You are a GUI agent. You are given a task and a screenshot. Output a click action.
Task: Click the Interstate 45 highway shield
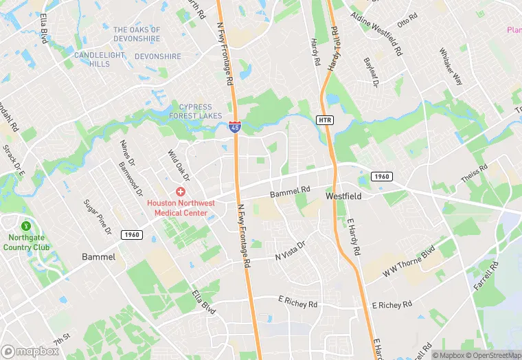pyautogui.click(x=235, y=126)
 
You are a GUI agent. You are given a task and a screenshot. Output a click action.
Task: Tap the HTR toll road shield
pyautogui.click(x=326, y=120)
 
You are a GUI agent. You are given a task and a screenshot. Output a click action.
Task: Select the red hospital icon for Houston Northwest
pyautogui.click(x=181, y=192)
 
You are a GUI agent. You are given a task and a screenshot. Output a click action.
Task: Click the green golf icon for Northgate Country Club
pyautogui.click(x=27, y=225)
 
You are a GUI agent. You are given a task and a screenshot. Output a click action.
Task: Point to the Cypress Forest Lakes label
pyautogui.click(x=201, y=111)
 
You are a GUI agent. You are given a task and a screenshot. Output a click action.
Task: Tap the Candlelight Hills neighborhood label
pyautogui.click(x=100, y=59)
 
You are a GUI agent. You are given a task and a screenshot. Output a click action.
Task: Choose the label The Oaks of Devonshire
pyautogui.click(x=137, y=34)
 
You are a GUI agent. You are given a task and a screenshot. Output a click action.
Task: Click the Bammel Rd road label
pyautogui.click(x=290, y=192)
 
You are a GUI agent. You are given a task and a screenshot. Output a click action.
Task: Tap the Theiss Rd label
pyautogui.click(x=474, y=174)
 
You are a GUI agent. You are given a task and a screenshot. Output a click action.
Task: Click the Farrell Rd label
pyautogui.click(x=485, y=275)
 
